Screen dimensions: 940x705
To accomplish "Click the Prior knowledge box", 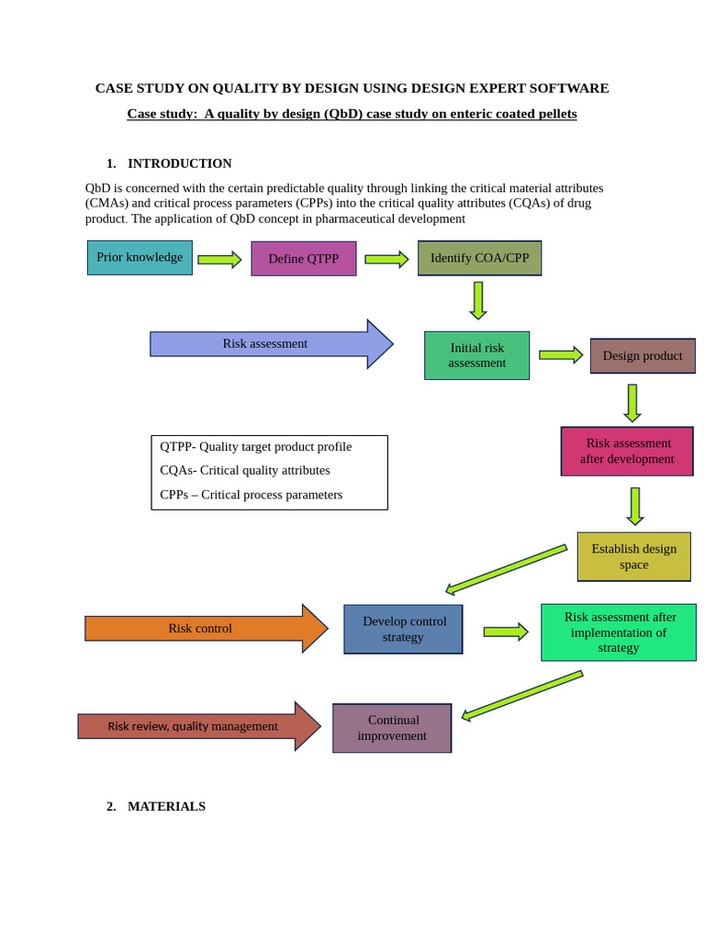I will tap(140, 258).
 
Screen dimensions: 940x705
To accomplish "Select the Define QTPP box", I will tap(303, 259).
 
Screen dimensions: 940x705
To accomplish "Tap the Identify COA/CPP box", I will tap(479, 258).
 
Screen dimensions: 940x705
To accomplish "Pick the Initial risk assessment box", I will tap(476, 355).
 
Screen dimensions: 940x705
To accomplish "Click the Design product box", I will tap(642, 356).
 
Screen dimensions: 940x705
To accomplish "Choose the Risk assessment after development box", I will tap(627, 451).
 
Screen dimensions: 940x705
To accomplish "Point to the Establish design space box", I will tap(633, 556).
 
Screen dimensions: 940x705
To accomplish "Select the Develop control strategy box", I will tap(403, 629).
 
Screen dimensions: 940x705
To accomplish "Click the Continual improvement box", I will tap(392, 728).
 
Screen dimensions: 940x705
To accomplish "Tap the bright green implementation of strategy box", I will tap(618, 632).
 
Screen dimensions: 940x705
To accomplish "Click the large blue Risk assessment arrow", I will tap(266, 344).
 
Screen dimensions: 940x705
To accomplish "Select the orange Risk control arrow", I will tap(202, 629).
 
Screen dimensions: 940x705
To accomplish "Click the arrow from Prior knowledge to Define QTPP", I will tap(219, 260).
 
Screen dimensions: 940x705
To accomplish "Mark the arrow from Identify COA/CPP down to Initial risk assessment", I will tap(478, 300).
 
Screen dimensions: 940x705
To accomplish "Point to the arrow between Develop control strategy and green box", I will tap(505, 632).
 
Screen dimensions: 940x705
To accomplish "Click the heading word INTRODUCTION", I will tap(179, 163).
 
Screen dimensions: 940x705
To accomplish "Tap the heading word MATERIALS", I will tap(166, 806).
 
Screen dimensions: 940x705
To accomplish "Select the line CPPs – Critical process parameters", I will tap(251, 495).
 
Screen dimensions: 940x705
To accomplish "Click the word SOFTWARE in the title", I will tap(570, 88).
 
